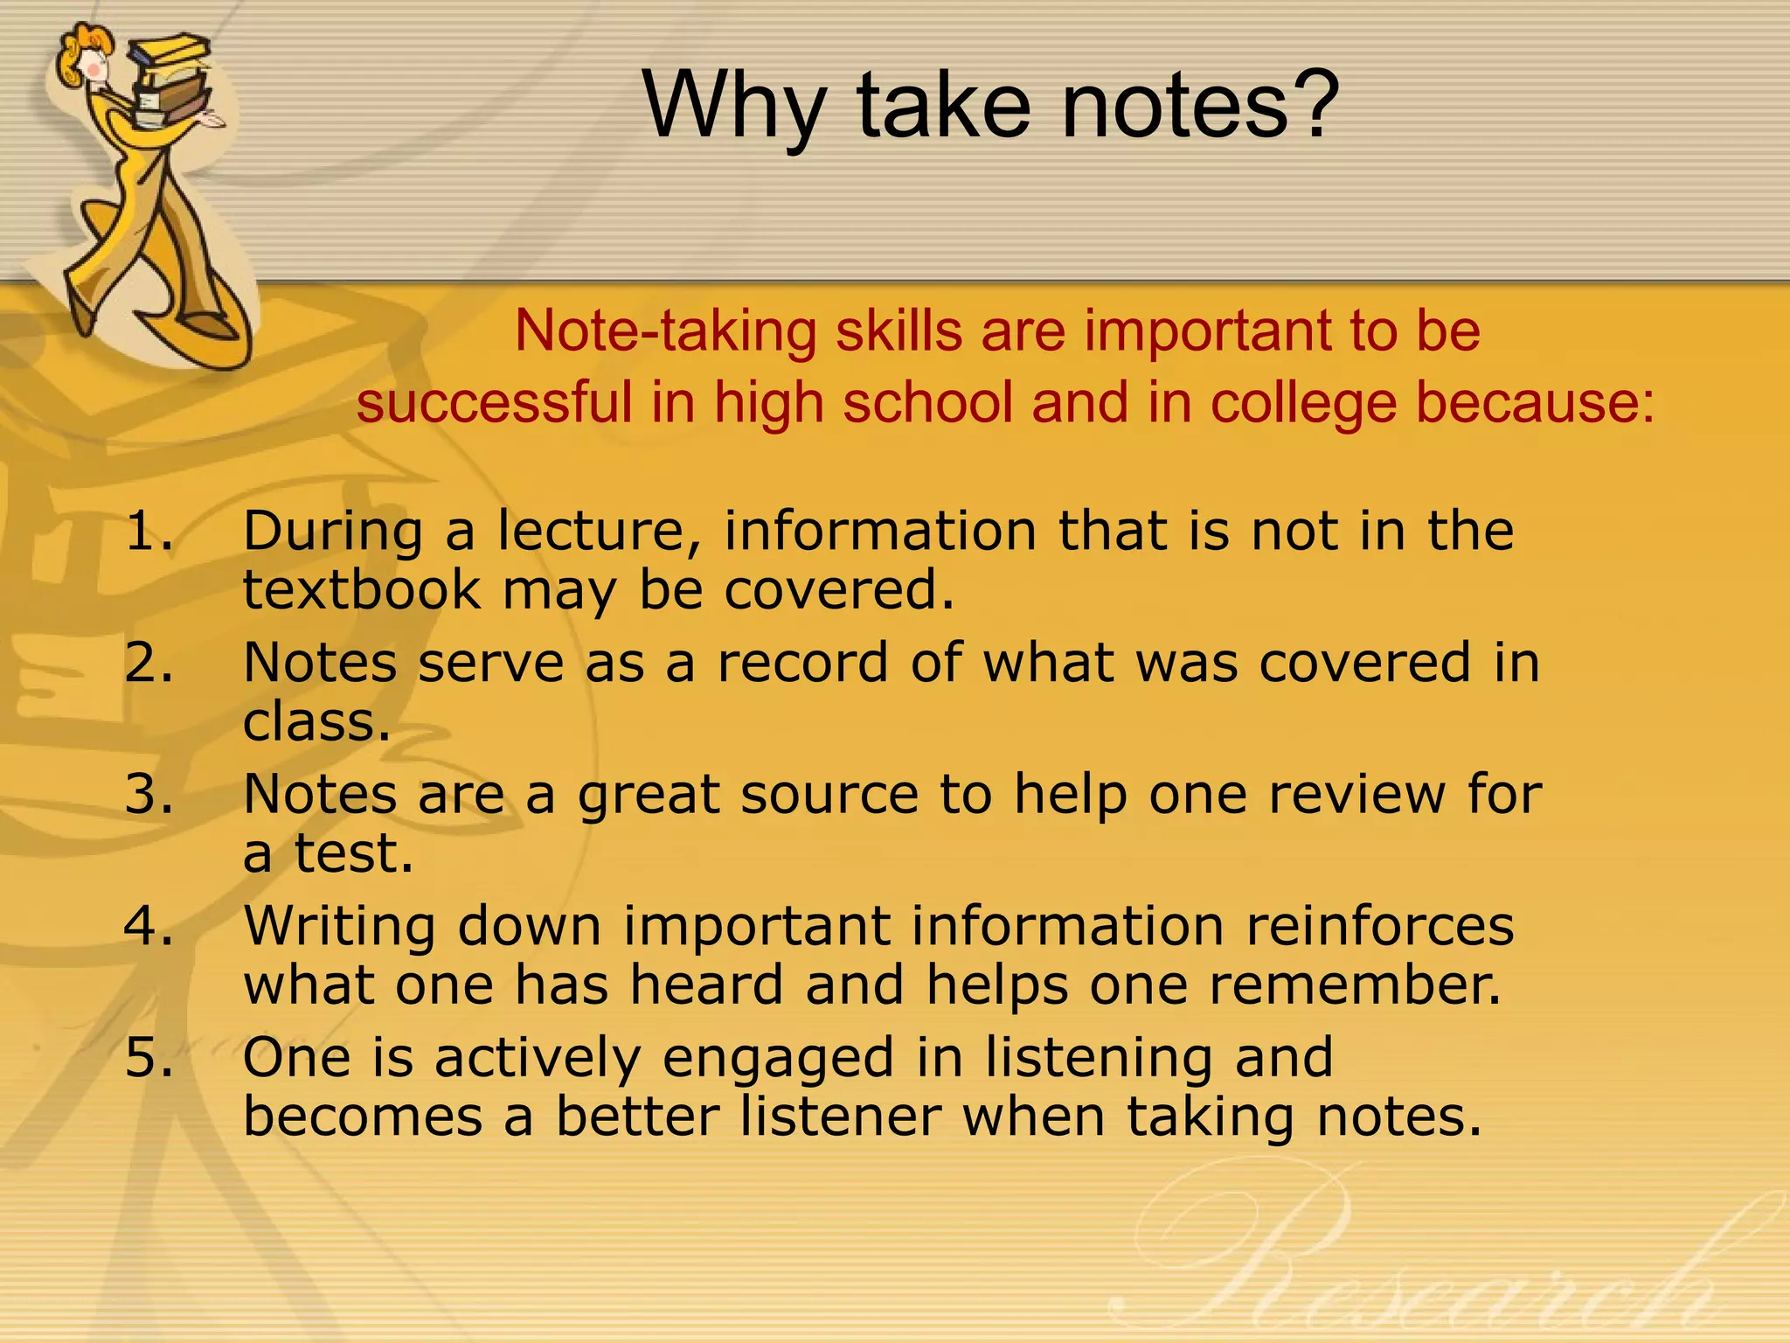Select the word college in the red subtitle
tap(1302, 403)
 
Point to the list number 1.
tap(148, 531)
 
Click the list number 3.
tap(148, 794)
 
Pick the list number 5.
tap(148, 1057)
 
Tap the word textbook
tap(361, 590)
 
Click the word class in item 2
tap(315, 722)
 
